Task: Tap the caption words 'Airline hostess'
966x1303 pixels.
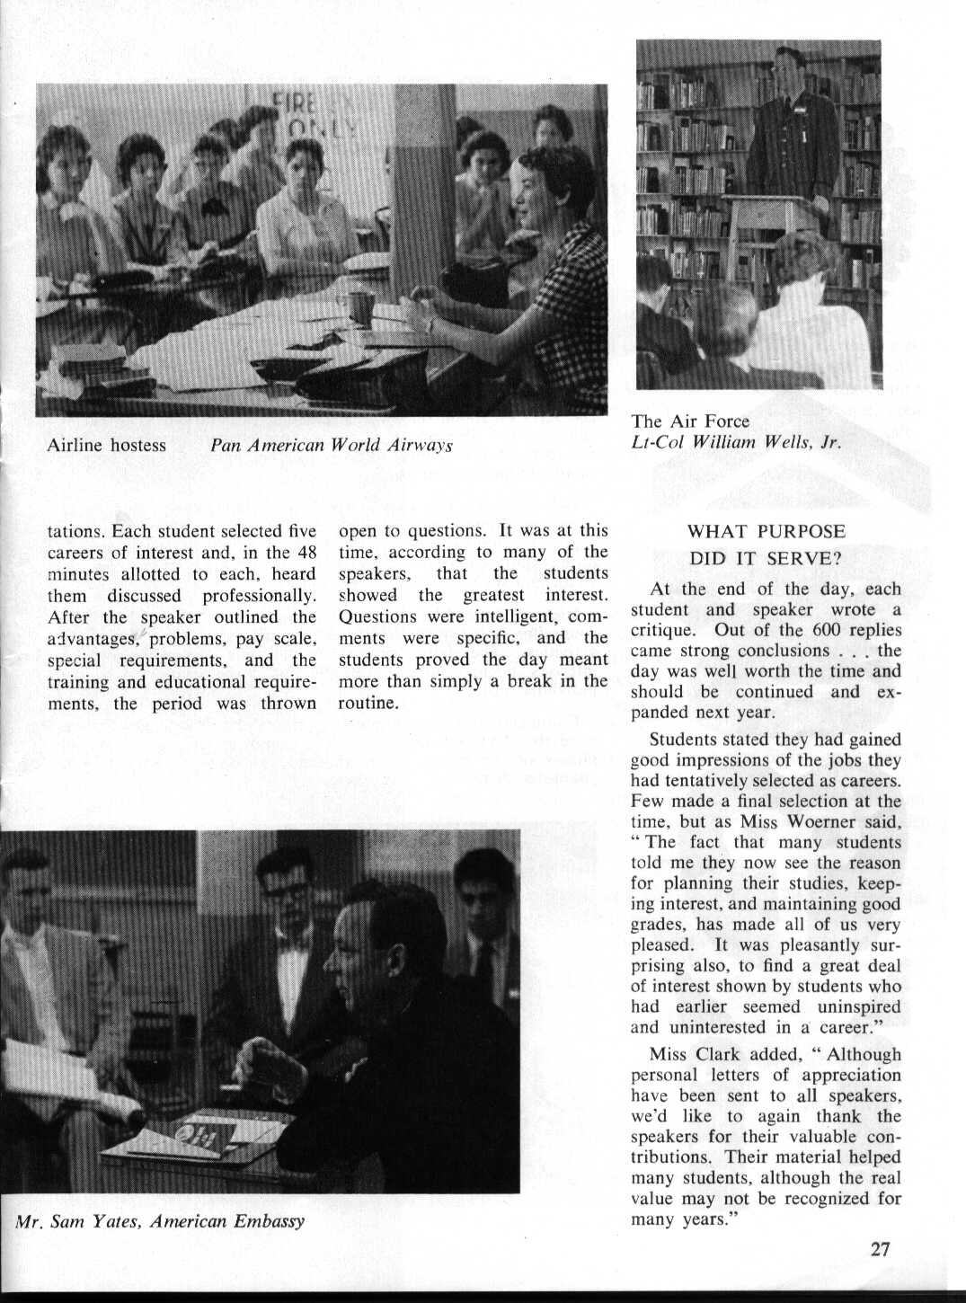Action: [107, 445]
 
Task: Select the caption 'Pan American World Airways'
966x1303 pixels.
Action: [331, 445]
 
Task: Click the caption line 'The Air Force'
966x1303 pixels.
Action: [689, 421]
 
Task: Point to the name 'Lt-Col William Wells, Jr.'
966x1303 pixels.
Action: [736, 442]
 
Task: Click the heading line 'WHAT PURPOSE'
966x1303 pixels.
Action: [766, 531]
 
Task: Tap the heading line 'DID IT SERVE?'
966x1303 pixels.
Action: [766, 558]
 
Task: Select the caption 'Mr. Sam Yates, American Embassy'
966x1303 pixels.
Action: [160, 1221]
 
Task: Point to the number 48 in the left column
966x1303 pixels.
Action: [306, 553]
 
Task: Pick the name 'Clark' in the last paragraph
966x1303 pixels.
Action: [722, 1054]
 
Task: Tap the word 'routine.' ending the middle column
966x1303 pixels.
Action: [368, 703]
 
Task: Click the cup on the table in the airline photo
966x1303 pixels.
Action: [360, 307]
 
